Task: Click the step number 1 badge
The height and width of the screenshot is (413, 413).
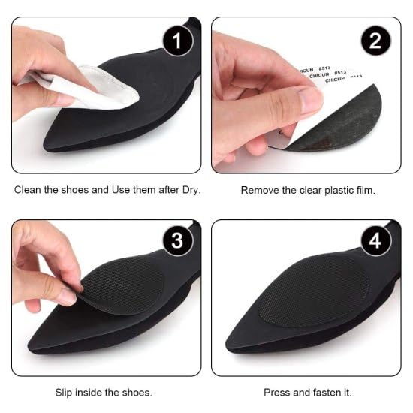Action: coord(177,41)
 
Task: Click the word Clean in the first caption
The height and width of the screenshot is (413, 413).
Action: coord(29,190)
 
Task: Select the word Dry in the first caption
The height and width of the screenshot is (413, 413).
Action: coord(191,190)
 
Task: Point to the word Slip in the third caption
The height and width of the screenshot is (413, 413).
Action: coord(65,392)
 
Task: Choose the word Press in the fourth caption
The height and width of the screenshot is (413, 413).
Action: coord(277,392)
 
